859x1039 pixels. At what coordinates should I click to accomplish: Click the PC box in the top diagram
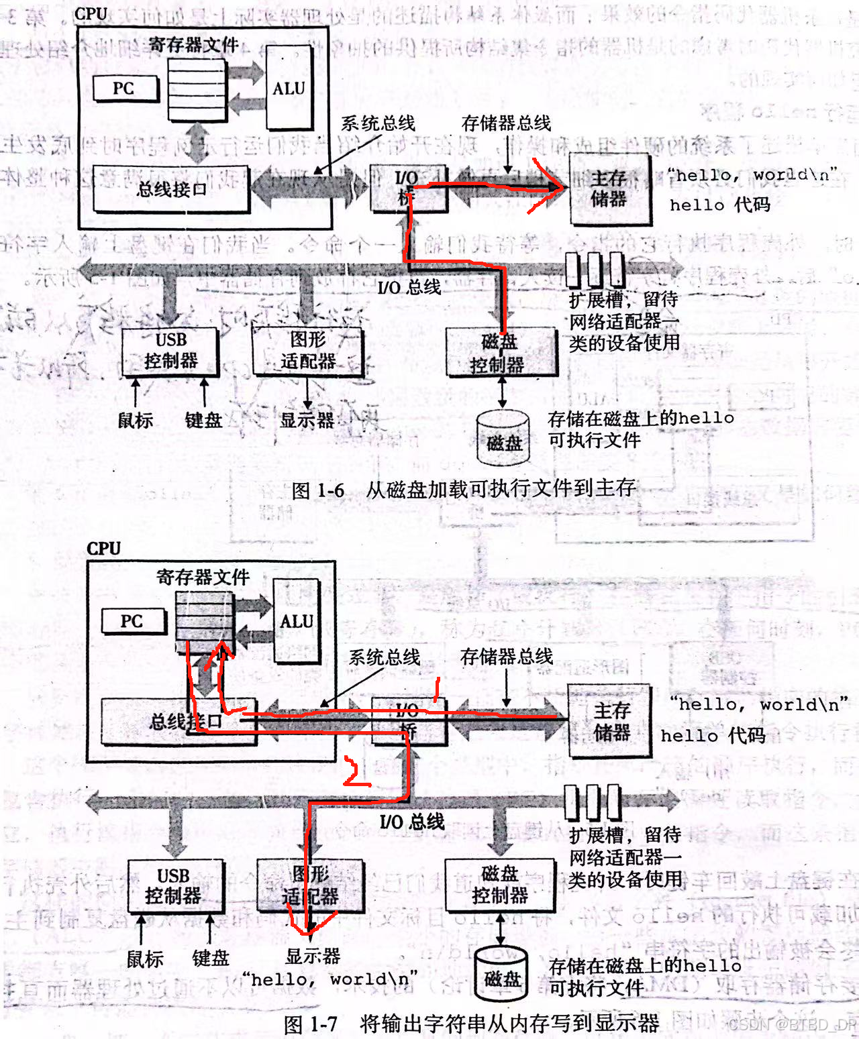click(x=125, y=89)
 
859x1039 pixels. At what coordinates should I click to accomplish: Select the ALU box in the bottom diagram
click(x=297, y=621)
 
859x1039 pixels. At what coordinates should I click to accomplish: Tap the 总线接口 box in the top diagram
click(x=171, y=188)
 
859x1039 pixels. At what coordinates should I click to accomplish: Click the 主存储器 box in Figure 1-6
click(x=609, y=188)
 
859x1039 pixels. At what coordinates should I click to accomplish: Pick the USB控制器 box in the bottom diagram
click(x=173, y=886)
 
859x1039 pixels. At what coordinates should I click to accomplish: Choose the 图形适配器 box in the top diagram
click(x=308, y=350)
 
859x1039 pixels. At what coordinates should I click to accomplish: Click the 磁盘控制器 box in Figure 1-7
click(x=500, y=885)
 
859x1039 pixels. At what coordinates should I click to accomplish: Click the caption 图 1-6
click(x=318, y=490)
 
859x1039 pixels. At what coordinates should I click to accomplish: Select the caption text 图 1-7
click(x=311, y=1024)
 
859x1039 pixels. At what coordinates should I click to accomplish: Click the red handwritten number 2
click(x=355, y=772)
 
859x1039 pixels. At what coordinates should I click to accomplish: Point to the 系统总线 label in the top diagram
click(x=378, y=123)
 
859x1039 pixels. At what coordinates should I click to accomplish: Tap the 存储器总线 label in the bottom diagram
click(x=507, y=657)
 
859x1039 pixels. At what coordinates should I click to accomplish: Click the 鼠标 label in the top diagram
click(x=136, y=421)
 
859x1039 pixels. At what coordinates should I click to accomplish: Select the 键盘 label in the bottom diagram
click(x=211, y=957)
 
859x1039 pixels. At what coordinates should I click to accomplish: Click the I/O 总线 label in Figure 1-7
click(x=411, y=821)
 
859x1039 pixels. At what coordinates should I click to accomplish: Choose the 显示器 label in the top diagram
click(x=307, y=421)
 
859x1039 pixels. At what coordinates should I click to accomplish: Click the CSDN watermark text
click(x=792, y=1024)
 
